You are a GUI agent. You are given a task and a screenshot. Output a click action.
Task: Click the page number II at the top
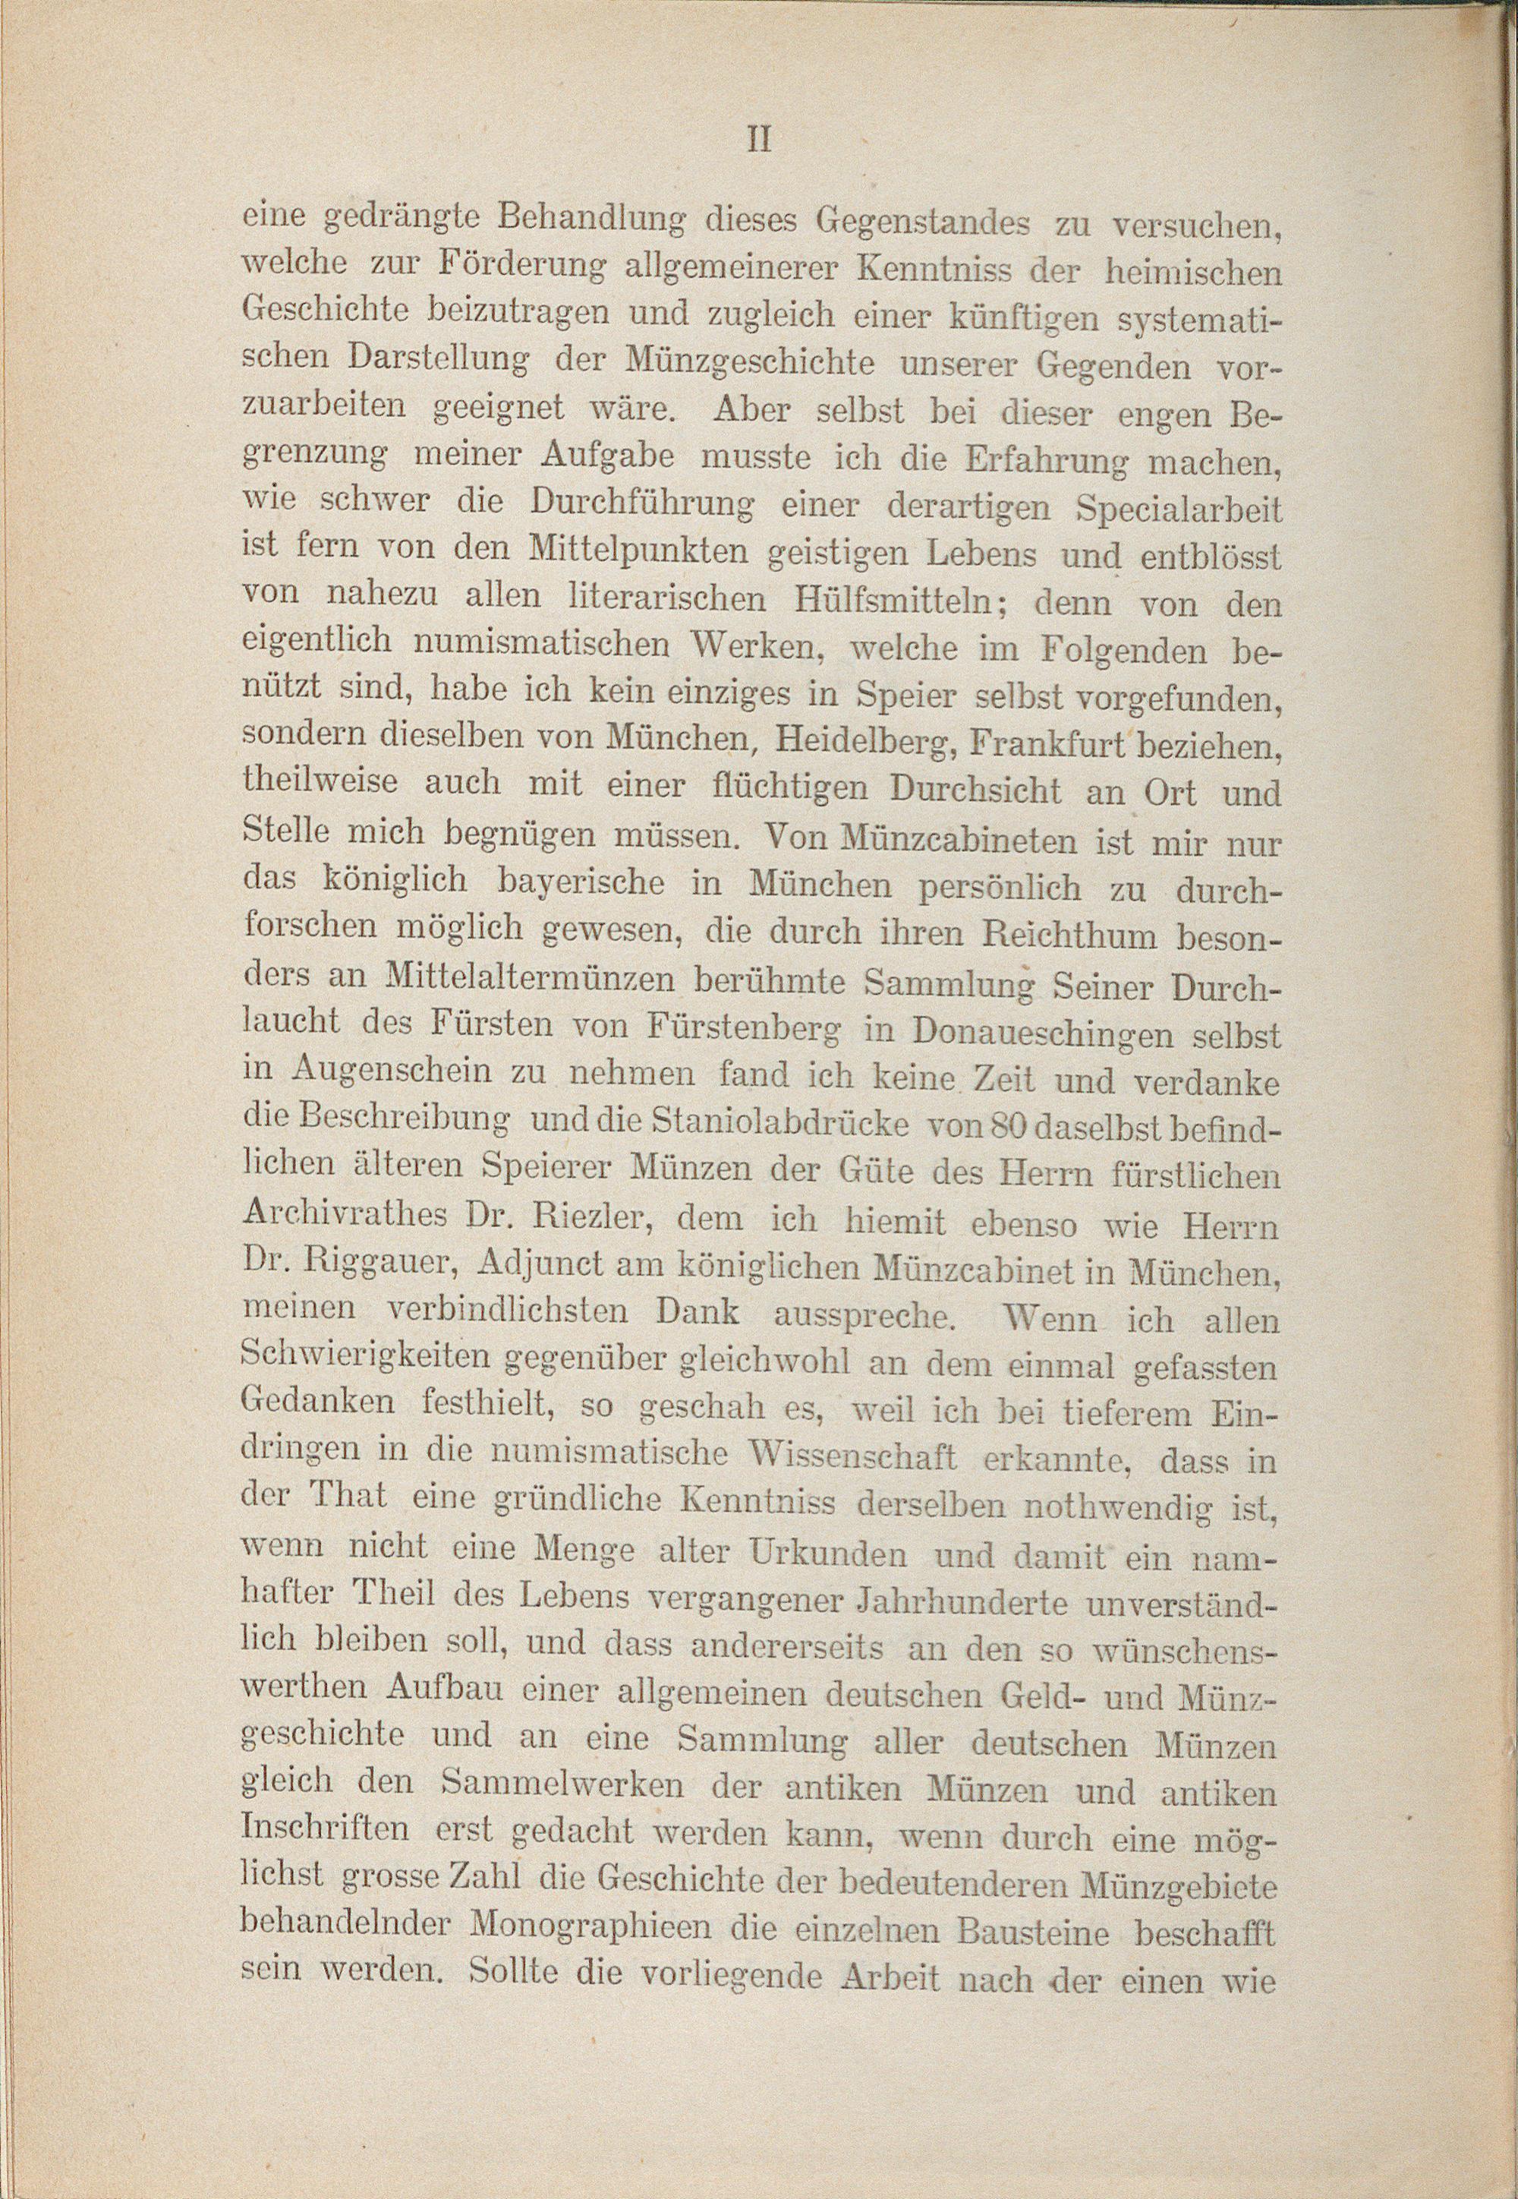tap(758, 140)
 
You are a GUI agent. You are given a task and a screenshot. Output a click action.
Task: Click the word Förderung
tap(521, 267)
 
